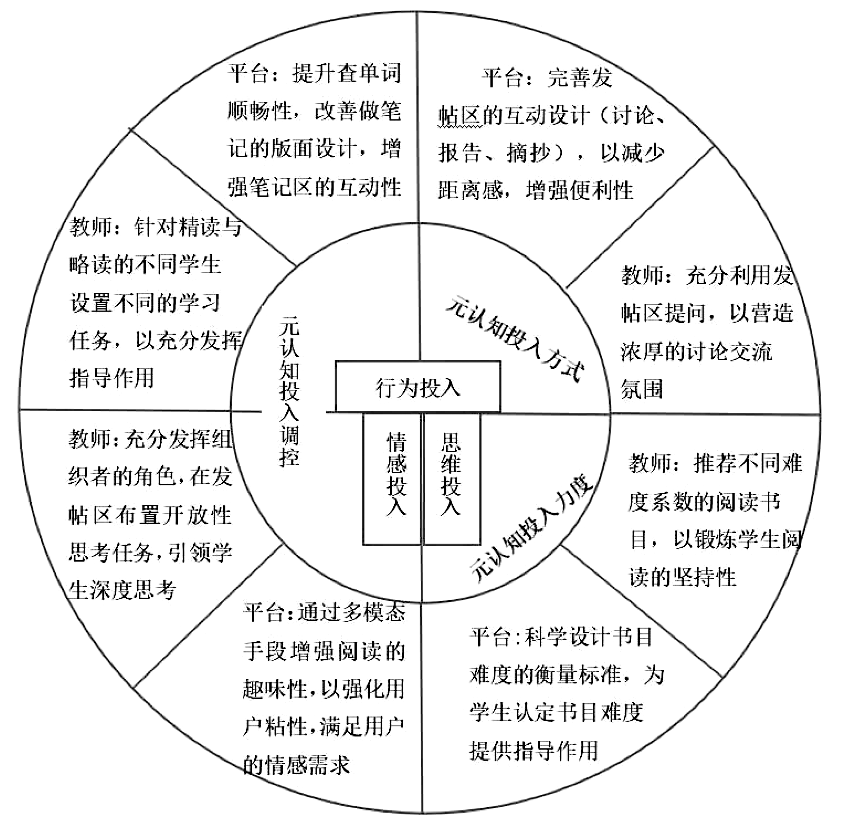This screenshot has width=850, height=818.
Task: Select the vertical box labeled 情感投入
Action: point(392,479)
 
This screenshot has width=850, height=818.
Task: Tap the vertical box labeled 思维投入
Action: point(452,479)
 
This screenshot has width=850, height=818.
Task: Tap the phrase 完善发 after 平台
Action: point(580,78)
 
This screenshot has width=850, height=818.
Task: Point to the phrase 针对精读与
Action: point(188,227)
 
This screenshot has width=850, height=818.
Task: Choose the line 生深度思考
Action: point(122,590)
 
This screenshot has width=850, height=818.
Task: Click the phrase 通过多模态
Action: point(352,613)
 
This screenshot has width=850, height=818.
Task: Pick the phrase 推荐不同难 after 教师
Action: point(748,463)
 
